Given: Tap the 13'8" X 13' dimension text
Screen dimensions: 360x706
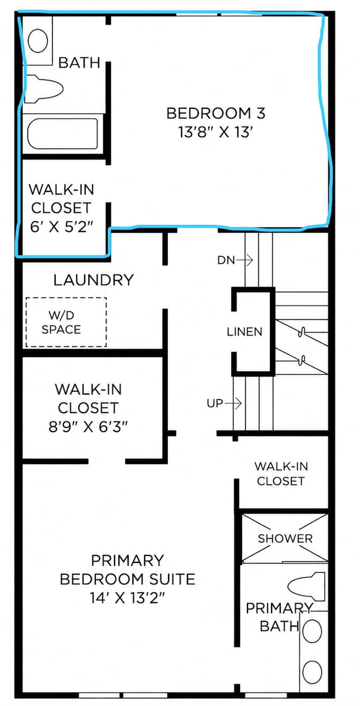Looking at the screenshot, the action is click(216, 132).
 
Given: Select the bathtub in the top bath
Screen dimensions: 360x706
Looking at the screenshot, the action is click(62, 133).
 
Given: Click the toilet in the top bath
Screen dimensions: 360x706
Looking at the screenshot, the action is click(44, 88).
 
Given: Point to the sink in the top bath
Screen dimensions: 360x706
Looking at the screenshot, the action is click(38, 41).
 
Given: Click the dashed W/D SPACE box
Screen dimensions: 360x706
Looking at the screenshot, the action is click(66, 322).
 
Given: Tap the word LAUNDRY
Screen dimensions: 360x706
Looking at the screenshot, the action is click(94, 280).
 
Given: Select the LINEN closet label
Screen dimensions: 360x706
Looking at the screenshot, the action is click(244, 332).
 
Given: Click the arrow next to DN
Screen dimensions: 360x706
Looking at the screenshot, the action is click(244, 261).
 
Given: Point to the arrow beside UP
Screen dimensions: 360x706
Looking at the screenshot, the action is click(233, 403).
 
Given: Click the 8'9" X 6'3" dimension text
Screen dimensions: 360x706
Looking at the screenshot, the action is click(88, 427).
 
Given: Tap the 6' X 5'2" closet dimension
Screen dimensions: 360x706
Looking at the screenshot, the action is click(62, 226).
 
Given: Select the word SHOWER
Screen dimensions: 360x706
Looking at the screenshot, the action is click(285, 539).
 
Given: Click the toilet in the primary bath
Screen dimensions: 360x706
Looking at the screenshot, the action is click(306, 586).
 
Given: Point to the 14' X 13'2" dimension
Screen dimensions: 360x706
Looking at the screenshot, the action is click(127, 597).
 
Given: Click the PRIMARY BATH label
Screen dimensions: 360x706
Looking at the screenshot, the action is click(279, 617).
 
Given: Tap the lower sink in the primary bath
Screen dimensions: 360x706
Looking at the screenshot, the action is click(312, 671).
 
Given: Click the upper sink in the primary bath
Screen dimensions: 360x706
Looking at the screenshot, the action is click(312, 631).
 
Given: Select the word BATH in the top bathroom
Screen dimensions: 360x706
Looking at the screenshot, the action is click(79, 62).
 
